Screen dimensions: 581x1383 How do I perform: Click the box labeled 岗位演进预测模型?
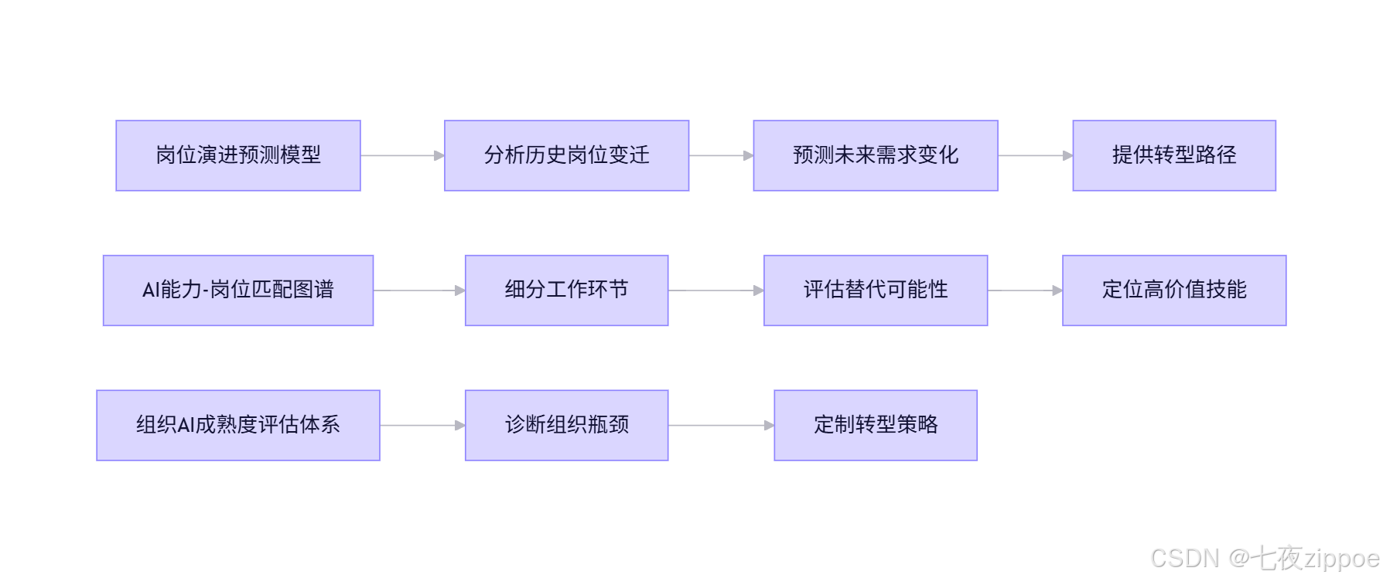pyautogui.click(x=238, y=155)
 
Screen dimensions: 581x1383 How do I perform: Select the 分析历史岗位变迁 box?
pyautogui.click(x=566, y=155)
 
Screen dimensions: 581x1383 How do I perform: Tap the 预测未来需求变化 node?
pyautogui.click(x=876, y=155)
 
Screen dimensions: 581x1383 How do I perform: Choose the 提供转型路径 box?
pyautogui.click(x=1174, y=155)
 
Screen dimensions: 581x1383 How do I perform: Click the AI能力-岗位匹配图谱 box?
pyautogui.click(x=238, y=290)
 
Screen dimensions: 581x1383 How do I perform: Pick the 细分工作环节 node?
pyautogui.click(x=566, y=290)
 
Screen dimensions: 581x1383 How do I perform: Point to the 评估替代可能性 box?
pyautogui.click(x=876, y=290)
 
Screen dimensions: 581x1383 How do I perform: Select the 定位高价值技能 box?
pyautogui.click(x=1174, y=290)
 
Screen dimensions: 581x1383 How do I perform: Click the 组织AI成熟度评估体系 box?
pyautogui.click(x=238, y=426)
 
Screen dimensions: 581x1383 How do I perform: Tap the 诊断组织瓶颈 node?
pyautogui.click(x=566, y=426)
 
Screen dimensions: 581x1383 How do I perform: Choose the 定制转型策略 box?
pyautogui.click(x=876, y=426)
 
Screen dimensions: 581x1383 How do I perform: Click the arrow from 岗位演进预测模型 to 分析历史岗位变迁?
pyautogui.click(x=402, y=155)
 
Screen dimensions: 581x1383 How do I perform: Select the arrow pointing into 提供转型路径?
pyautogui.click(x=1035, y=155)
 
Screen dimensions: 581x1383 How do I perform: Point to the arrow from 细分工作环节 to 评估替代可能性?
pyautogui.click(x=715, y=290)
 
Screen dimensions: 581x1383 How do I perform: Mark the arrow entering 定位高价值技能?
pyautogui.click(x=1025, y=290)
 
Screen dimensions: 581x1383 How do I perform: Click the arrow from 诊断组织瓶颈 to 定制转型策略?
pyautogui.click(x=721, y=426)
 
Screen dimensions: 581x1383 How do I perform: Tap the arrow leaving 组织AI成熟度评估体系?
pyautogui.click(x=422, y=426)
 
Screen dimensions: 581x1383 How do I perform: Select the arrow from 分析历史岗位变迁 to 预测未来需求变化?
pyautogui.click(x=721, y=155)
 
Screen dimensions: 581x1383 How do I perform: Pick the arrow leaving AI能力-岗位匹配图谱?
pyautogui.click(x=419, y=290)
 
